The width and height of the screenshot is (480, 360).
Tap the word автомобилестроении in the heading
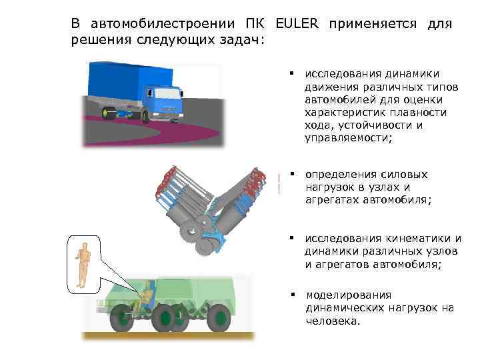(x=161, y=24)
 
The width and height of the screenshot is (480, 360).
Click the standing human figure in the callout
(x=83, y=265)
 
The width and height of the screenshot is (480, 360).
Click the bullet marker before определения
(x=291, y=173)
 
